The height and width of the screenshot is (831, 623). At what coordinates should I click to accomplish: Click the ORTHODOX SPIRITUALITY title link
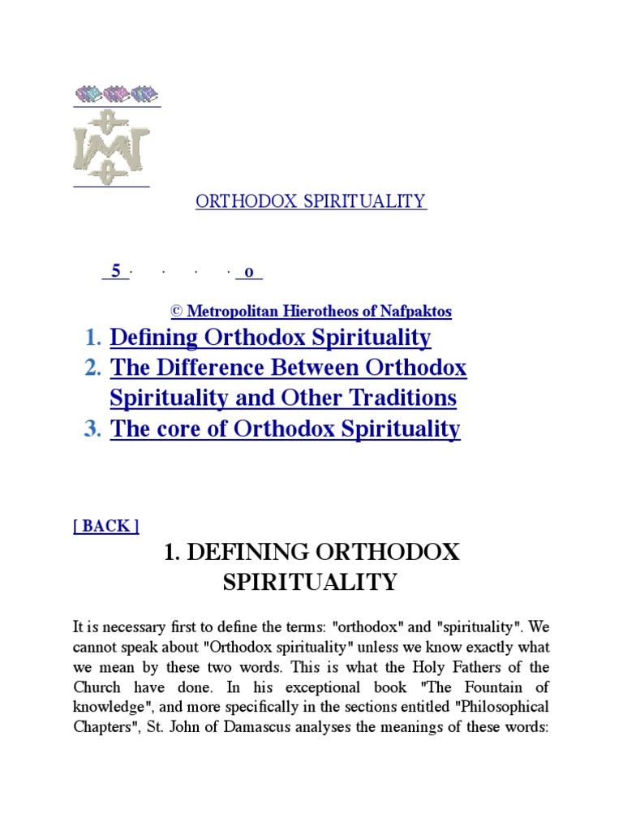pos(311,201)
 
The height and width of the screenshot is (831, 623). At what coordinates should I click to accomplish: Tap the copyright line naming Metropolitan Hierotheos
pos(311,311)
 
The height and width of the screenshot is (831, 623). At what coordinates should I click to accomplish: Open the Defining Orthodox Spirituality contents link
pos(270,337)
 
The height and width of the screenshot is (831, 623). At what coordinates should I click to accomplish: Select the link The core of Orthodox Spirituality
pos(285,428)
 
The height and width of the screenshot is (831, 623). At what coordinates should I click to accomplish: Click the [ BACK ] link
pos(106,526)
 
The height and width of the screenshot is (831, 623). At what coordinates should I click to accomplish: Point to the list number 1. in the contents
pos(93,337)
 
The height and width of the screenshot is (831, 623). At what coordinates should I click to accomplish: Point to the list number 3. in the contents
pos(93,428)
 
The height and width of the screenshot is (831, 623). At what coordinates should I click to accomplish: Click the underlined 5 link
pos(116,272)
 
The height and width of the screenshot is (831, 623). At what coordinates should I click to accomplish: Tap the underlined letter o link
pos(248,272)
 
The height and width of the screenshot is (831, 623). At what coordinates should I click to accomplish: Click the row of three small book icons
pos(117,94)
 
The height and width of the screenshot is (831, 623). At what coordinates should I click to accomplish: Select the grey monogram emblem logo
pos(111,147)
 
